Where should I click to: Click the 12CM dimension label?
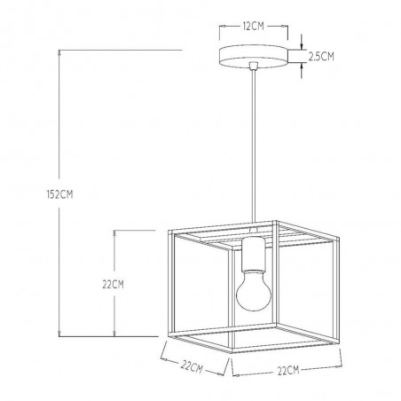click(253, 26)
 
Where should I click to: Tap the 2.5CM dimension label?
click(321, 56)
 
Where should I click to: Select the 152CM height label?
click(59, 194)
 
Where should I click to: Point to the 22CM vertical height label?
click(113, 285)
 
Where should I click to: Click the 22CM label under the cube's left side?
click(192, 366)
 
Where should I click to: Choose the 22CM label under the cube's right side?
click(288, 370)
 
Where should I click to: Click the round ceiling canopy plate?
click(254, 57)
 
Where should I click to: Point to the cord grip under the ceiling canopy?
click(254, 66)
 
